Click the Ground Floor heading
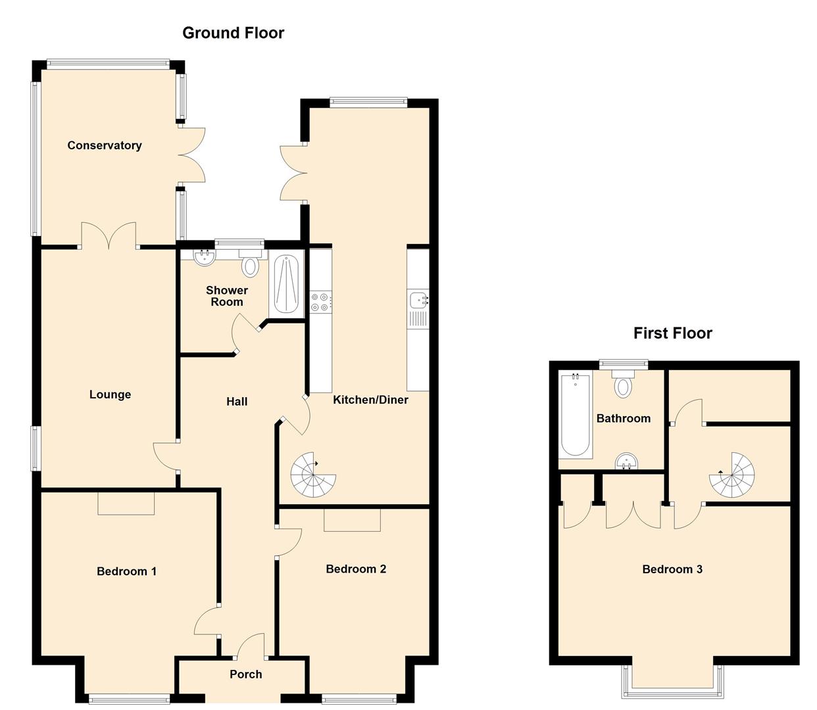point(233,33)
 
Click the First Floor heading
point(672,333)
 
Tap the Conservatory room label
point(105,145)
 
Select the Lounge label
point(110,394)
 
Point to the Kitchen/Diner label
point(370,400)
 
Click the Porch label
point(245,674)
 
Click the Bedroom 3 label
point(672,569)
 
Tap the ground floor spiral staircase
point(313,475)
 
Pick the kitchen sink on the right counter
point(418,301)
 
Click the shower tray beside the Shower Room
point(286,285)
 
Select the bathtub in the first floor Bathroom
point(575,414)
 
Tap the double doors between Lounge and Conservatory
point(109,237)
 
